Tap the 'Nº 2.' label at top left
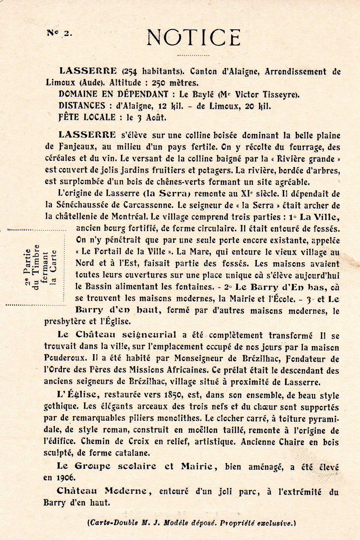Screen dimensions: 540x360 click(60, 33)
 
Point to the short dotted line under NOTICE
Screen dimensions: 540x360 click(193, 55)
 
